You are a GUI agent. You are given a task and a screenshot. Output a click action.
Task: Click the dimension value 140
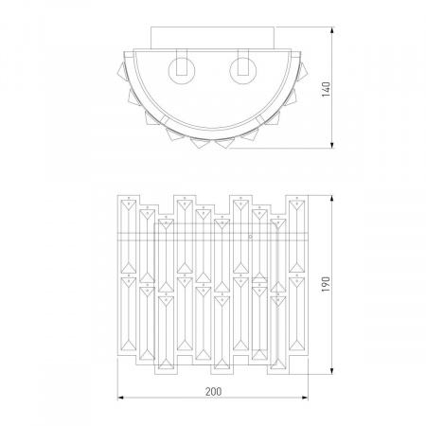[x=327, y=89]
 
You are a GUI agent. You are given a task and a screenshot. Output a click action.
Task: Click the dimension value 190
[x=327, y=284]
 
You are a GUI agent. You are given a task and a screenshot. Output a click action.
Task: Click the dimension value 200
[x=214, y=392]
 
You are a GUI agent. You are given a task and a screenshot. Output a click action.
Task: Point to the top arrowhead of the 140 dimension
[x=332, y=30]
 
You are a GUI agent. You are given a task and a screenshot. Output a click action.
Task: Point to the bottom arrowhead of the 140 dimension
[x=332, y=145]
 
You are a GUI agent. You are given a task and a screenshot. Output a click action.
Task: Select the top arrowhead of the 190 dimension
[x=332, y=199]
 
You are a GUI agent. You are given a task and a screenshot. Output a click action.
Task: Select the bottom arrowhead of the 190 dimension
[x=332, y=371]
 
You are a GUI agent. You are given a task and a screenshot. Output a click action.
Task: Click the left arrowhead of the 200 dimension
[x=121, y=398]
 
